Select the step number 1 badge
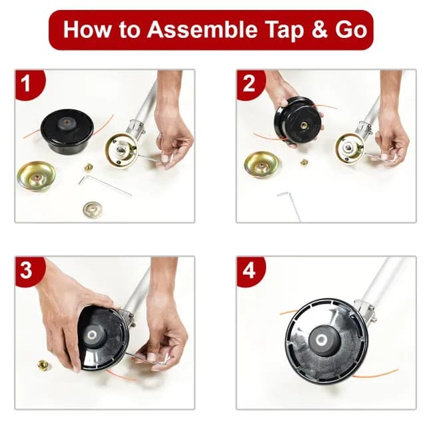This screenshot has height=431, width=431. coord(26,84)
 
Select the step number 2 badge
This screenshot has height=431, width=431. coord(249,84)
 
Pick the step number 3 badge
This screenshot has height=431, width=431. coord(26,271)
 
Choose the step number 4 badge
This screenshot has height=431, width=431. coord(249,271)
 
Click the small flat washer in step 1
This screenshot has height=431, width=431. coord(93,209)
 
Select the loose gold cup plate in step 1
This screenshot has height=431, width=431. coord(37,174)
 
